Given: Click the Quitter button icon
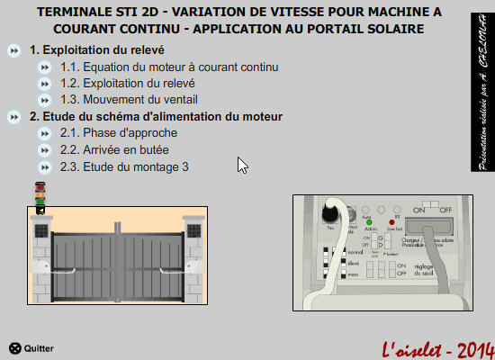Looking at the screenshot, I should [14, 348].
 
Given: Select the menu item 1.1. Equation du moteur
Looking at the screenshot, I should [169, 67].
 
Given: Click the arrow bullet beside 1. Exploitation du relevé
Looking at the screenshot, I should [13, 50].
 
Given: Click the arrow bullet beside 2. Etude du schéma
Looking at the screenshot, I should [13, 117].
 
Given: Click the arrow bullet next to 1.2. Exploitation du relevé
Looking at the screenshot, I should [45, 84].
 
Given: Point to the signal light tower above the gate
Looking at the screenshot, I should [40, 196].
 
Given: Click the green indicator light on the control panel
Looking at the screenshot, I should [369, 222].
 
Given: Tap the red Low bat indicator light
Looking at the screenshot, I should [392, 222].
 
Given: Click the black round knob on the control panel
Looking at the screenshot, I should [331, 216].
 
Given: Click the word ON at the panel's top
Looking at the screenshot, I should [419, 209].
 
